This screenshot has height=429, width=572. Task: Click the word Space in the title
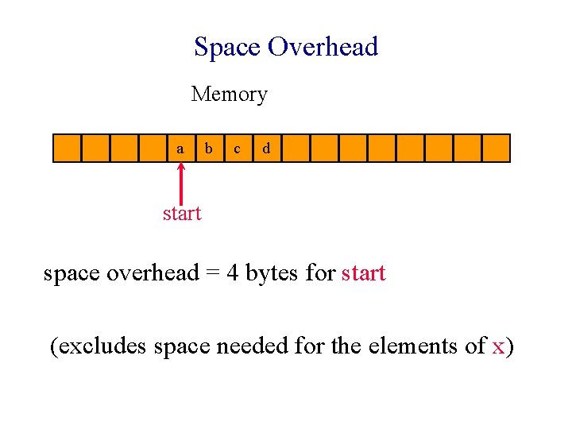tap(227, 48)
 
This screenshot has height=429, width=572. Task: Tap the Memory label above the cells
tap(229, 95)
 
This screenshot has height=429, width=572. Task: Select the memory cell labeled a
tap(181, 149)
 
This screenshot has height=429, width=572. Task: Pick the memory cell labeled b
tap(209, 149)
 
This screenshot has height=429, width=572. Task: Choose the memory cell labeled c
tap(238, 149)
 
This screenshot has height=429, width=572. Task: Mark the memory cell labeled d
tap(266, 149)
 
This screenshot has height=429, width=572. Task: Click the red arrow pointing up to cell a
tap(181, 183)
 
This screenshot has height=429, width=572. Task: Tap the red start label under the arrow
tap(182, 213)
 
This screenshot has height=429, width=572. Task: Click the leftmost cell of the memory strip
tap(67, 149)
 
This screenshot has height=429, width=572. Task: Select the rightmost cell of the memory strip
tap(496, 149)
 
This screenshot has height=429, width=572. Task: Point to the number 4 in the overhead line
tap(233, 274)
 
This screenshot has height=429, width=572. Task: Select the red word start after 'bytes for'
tap(363, 274)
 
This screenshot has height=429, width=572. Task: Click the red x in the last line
tap(499, 346)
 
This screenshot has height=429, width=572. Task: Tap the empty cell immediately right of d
tap(295, 149)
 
